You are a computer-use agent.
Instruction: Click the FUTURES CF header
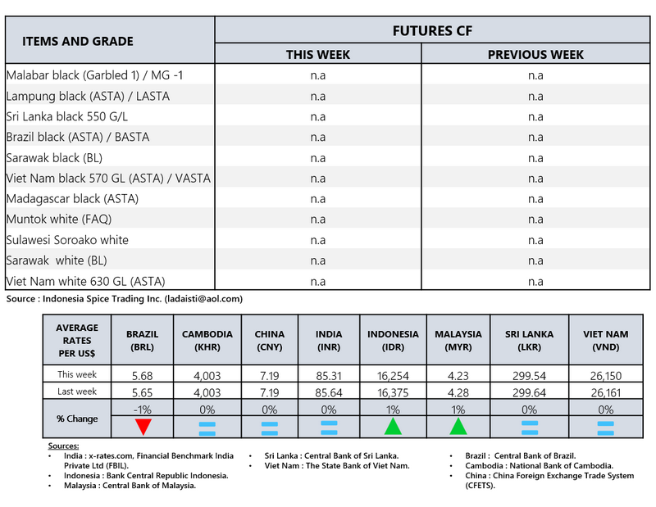tap(432, 31)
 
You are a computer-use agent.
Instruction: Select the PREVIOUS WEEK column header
tap(535, 55)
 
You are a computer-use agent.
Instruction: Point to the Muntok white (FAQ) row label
tap(58, 220)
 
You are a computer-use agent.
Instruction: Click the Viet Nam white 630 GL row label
tap(85, 282)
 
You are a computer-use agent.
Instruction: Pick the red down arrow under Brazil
tap(143, 427)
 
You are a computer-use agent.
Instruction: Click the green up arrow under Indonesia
tap(394, 426)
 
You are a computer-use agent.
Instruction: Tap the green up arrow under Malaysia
tap(458, 426)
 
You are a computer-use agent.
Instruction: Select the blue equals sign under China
tap(268, 427)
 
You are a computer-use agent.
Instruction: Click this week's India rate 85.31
tap(329, 375)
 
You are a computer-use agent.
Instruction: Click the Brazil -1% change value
tap(143, 409)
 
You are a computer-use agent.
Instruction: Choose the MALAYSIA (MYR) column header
tap(458, 340)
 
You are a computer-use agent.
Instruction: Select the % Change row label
tap(77, 419)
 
